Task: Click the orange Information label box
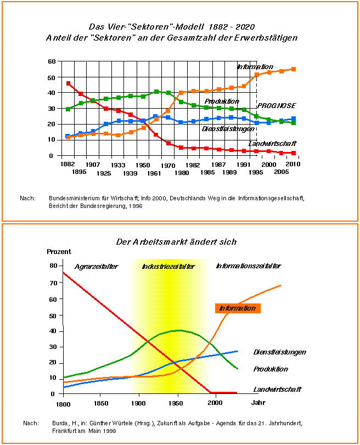click(238, 308)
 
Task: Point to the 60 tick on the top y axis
click(51, 61)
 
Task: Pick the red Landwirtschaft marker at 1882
click(68, 83)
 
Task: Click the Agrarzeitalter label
click(97, 266)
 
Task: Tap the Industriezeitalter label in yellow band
click(168, 266)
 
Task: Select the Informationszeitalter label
click(248, 266)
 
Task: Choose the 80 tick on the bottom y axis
click(53, 266)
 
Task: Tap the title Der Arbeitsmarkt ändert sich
click(176, 241)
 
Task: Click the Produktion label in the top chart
click(222, 102)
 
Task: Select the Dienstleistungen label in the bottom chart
click(280, 352)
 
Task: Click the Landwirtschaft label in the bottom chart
click(278, 390)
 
